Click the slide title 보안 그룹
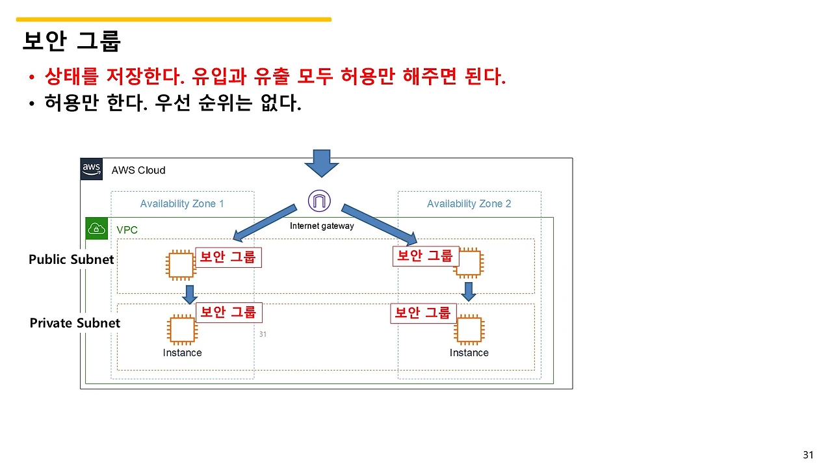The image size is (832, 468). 71,41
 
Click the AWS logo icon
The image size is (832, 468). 92,169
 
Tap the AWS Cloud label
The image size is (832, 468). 138,170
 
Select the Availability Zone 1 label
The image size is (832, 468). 182,203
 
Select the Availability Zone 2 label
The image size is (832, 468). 469,203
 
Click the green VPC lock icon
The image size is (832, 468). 97,228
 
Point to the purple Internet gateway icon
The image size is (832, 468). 318,201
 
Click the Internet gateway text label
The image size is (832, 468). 322,226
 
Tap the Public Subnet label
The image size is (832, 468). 71,259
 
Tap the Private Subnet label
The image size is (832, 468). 75,323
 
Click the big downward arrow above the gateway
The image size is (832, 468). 322,163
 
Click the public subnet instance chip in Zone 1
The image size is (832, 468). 181,265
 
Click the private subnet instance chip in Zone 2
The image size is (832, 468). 469,330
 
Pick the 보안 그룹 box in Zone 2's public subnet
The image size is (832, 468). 425,256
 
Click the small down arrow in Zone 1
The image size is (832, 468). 189,294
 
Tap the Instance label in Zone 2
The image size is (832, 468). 469,353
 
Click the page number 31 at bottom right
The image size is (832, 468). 808,454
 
